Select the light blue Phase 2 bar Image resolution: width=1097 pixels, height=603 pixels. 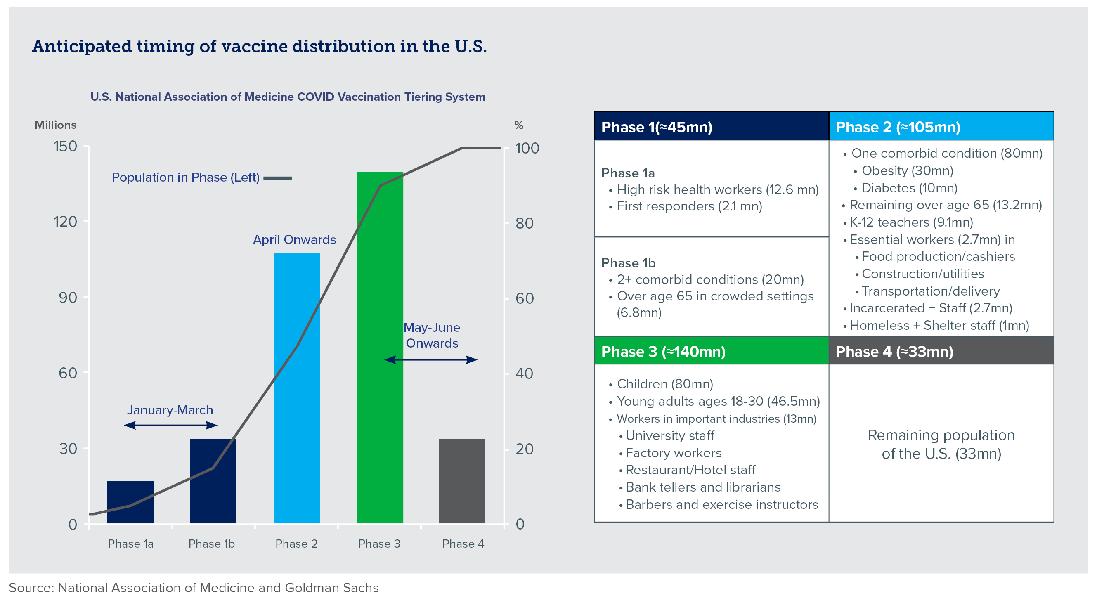coord(296,388)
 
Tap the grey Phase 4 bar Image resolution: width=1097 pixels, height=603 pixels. coord(462,481)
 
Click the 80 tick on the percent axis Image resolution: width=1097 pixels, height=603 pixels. coord(524,224)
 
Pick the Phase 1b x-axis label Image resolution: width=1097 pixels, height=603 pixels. coord(211,544)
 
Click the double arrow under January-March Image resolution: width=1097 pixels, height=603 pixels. coord(170,425)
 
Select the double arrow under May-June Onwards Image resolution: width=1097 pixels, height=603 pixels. coord(430,360)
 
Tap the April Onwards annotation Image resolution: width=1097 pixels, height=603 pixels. coord(294,240)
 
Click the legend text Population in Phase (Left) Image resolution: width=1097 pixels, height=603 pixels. coord(185,177)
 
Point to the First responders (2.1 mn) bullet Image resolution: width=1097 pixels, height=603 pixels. coord(689,206)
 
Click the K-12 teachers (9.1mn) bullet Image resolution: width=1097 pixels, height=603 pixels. coord(911,222)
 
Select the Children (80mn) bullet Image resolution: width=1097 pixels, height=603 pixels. coord(664,384)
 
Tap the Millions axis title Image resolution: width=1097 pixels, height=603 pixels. coord(55,125)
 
